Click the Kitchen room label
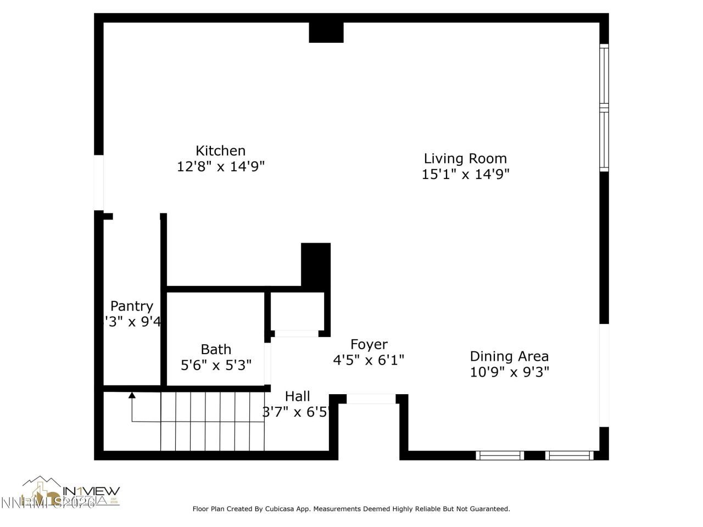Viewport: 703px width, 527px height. click(220, 150)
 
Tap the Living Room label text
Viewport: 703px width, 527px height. click(465, 159)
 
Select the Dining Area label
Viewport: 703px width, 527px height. click(509, 356)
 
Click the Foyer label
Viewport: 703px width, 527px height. click(369, 344)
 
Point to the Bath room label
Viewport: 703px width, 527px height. click(216, 349)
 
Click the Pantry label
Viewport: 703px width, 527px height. click(131, 306)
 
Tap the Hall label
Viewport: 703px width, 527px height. click(297, 396)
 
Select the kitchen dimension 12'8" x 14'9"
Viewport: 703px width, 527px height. click(220, 166)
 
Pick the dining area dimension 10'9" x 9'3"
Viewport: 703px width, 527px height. click(509, 372)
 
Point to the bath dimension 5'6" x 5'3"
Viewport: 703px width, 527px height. click(216, 365)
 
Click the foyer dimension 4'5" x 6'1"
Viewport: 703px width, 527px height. click(369, 360)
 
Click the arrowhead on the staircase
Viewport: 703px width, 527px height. click(132, 394)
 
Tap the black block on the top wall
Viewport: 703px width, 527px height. click(326, 32)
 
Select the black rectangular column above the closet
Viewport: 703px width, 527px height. click(316, 264)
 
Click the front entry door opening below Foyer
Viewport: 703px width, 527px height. click(371, 399)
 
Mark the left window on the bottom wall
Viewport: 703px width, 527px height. click(499, 455)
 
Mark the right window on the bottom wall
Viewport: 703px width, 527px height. click(569, 455)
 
